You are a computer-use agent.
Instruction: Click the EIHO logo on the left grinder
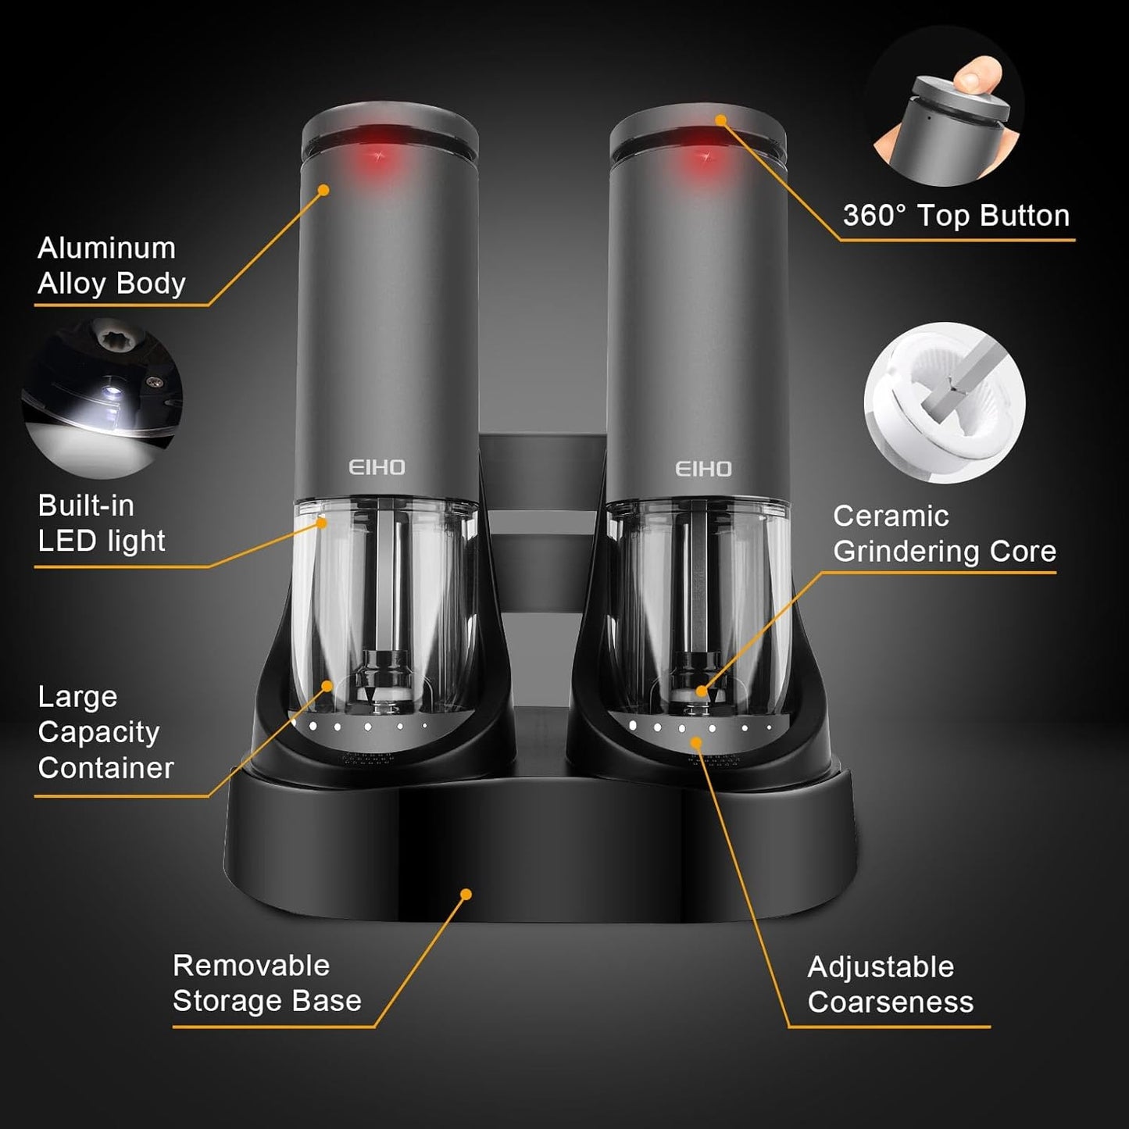click(x=377, y=467)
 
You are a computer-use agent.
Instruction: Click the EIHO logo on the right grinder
click(x=703, y=469)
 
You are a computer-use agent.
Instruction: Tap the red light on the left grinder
click(x=381, y=156)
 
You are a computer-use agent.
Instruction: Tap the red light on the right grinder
click(x=708, y=156)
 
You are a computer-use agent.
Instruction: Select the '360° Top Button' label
click(x=956, y=216)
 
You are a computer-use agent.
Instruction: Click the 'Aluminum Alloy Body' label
click(x=112, y=266)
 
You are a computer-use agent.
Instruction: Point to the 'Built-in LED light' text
click(x=102, y=523)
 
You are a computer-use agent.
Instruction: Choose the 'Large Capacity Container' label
click(x=105, y=732)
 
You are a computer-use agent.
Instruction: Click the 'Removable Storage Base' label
click(x=266, y=983)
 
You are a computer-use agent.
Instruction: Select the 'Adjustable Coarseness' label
click(x=890, y=984)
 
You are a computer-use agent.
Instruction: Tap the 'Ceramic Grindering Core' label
click(x=944, y=534)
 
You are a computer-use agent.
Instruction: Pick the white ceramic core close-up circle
click(x=944, y=402)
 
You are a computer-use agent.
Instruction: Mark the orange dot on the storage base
click(x=466, y=894)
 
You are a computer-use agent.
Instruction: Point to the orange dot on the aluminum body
click(x=323, y=190)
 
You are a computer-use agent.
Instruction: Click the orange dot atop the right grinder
click(x=720, y=120)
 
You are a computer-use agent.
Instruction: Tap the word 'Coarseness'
click(x=890, y=1002)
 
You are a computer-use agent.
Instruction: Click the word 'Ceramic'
click(x=891, y=516)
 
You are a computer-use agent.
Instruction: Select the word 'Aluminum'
click(x=106, y=248)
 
